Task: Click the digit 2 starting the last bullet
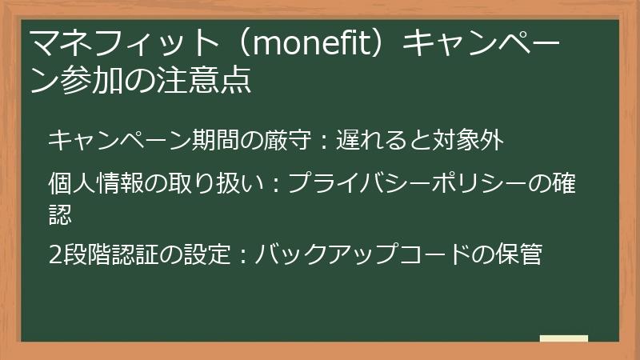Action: tap(54, 255)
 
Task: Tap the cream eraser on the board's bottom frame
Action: tap(563, 339)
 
